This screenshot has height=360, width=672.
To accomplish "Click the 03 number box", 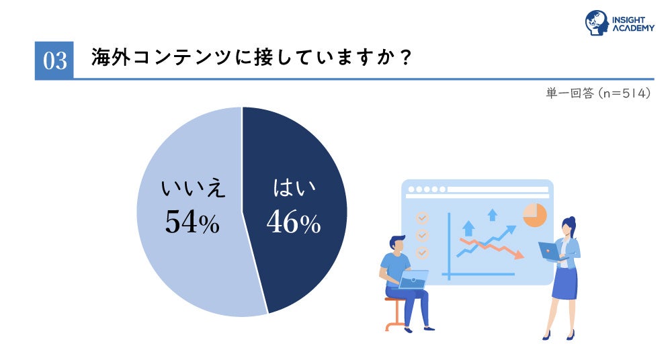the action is click(54, 60).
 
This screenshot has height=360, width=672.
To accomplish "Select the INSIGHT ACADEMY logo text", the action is click(633, 24).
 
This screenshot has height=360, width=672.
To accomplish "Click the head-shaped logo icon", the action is click(597, 23).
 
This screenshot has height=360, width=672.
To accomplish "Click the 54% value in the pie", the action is click(192, 222).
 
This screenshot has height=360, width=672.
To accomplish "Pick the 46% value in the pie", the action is click(294, 222).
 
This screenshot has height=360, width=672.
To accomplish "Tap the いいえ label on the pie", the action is click(193, 189).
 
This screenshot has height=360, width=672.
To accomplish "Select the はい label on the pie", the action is click(294, 188).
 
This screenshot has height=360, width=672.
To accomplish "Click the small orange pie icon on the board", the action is click(535, 215).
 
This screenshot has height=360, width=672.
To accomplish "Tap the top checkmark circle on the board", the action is click(422, 218).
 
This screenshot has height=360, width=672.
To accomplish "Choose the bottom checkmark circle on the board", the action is click(422, 253).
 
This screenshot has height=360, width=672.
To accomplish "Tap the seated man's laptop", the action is click(413, 279).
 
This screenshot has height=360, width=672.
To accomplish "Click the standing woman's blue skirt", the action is click(564, 283).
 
